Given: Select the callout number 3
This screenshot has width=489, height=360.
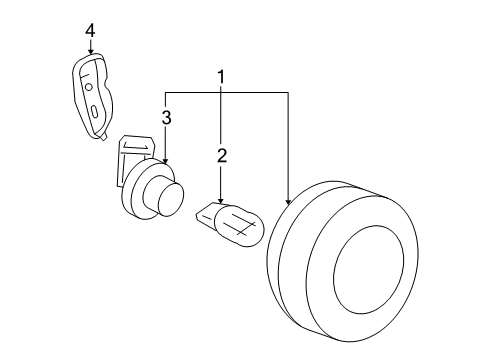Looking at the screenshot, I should [x=166, y=118].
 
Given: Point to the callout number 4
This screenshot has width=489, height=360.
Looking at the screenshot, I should [x=90, y=31].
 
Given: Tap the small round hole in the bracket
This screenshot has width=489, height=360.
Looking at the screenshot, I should [x=90, y=88].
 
